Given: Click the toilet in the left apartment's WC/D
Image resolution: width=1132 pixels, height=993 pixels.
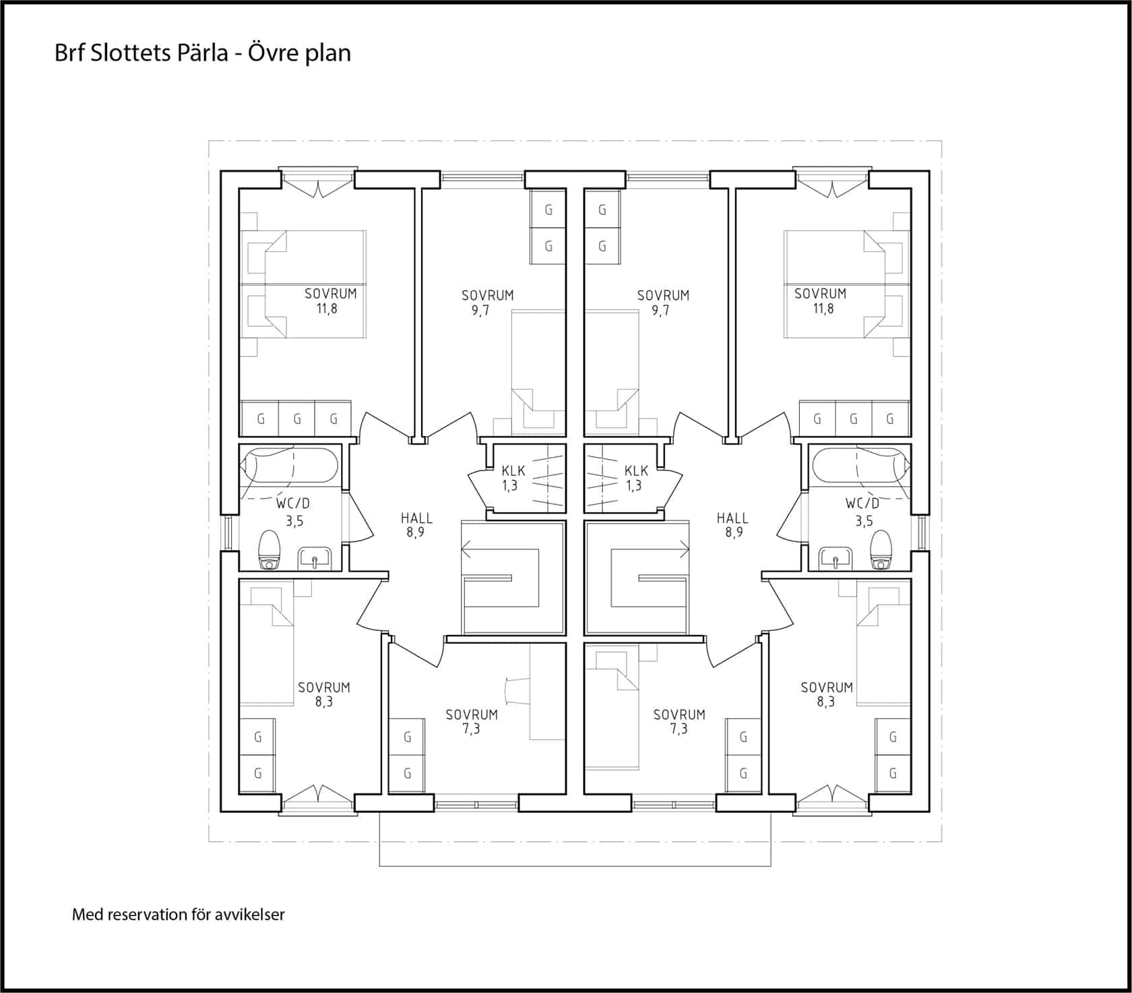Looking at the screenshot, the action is tap(270, 549).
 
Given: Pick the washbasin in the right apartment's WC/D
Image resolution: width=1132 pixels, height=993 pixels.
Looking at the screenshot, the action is tap(836, 558).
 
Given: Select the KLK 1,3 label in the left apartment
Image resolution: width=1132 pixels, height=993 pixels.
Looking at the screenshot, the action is tap(513, 478).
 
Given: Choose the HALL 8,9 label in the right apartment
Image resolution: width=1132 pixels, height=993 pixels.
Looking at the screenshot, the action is tap(732, 525).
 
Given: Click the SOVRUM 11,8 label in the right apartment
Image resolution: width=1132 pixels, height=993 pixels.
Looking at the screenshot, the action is tap(821, 301).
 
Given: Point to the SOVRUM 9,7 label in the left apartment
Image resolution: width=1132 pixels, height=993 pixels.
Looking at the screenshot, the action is tap(487, 303).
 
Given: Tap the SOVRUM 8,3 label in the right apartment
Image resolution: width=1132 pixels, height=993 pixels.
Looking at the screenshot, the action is tap(827, 694).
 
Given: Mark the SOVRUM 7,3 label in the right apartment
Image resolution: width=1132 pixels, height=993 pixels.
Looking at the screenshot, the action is tap(679, 721).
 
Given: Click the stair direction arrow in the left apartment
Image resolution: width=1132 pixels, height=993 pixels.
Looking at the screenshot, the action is tap(499, 550).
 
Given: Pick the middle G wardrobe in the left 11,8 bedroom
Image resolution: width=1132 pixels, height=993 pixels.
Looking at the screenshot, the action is tap(297, 419).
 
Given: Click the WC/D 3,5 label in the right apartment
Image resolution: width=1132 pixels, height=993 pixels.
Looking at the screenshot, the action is tap(862, 512).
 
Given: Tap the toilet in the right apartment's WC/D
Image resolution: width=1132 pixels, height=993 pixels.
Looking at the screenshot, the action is tap(881, 549).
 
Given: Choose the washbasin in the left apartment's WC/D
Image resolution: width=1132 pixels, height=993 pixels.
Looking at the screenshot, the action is tap(315, 558).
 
